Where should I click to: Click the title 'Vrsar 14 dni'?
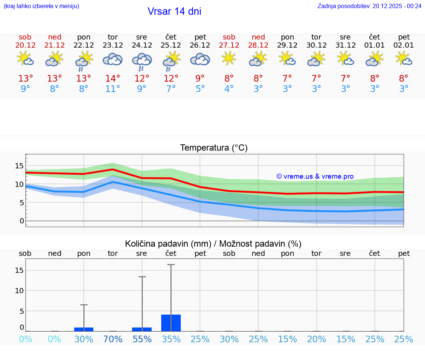(174, 11)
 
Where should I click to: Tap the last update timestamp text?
(369, 6)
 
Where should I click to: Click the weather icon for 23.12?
(113, 59)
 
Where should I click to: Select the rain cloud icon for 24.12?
(142, 61)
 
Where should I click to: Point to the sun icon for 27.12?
(229, 58)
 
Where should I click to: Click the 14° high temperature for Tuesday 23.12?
(113, 79)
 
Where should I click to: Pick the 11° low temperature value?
(113, 89)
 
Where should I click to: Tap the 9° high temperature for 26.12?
(200, 79)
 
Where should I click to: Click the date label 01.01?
(374, 45)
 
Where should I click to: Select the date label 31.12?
(345, 45)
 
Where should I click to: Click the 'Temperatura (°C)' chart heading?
(214, 148)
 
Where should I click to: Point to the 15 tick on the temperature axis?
(19, 166)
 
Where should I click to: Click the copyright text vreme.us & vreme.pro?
(315, 176)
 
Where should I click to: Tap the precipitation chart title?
(213, 244)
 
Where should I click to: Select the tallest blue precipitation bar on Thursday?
(171, 323)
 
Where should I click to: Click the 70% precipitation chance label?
(113, 339)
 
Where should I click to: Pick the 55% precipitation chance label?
(142, 339)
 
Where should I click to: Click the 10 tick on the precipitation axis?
(19, 291)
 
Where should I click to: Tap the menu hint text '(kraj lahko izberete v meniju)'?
(41, 6)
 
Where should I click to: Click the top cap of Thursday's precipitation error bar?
(171, 265)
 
